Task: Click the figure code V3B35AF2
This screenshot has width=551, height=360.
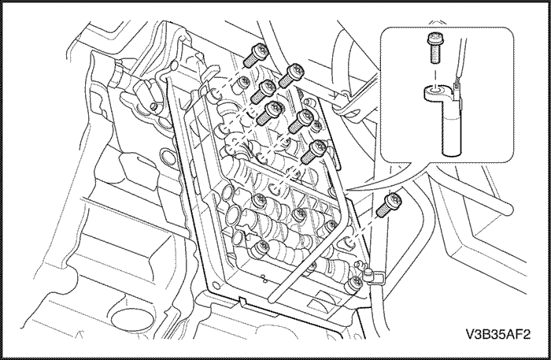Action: pos(498,334)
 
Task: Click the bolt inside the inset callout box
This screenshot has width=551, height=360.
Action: pos(435,49)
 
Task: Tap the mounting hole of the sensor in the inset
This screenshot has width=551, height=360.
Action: pos(435,91)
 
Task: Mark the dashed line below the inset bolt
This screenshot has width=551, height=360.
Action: pos(435,76)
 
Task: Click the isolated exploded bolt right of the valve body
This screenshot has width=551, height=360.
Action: pos(389,205)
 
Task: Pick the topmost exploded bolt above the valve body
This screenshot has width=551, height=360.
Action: pos(256,56)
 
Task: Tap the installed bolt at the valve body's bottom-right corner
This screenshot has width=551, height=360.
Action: pos(353,284)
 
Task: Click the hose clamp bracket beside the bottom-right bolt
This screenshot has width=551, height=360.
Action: pos(373,276)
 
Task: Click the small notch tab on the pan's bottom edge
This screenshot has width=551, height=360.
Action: pos(243,300)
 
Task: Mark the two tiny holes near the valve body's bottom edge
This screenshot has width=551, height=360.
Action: pos(264,278)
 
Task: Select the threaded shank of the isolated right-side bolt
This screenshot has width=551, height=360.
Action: pos(383,210)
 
